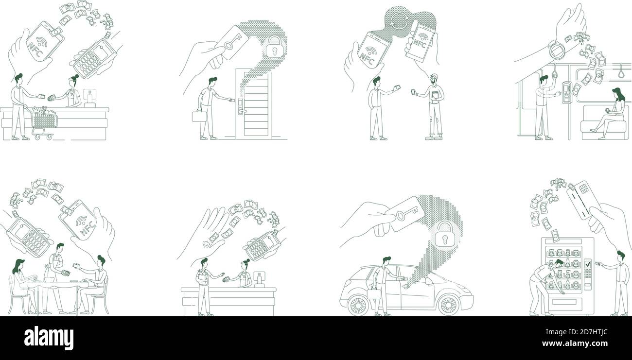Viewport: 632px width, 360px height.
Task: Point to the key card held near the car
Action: pyautogui.click(x=404, y=214)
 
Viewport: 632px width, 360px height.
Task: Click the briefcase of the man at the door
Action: pyautogui.click(x=199, y=116)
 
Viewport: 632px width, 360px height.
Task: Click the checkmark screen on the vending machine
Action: pyautogui.click(x=588, y=264)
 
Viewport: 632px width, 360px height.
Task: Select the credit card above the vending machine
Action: pyautogui.click(x=583, y=200)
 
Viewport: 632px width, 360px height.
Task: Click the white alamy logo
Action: pyautogui.click(x=49, y=338)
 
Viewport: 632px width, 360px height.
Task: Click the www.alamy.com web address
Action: pyautogui.click(x=575, y=343)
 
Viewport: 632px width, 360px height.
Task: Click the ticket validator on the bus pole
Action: pyautogui.click(x=566, y=92)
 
